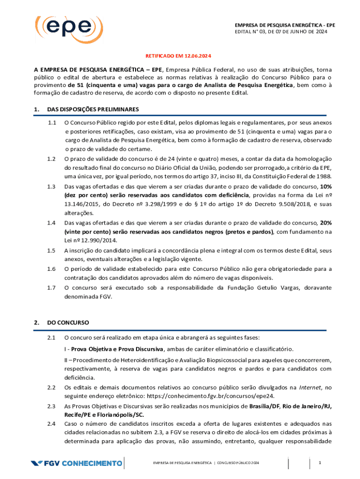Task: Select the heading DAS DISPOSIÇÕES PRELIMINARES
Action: click(x=93, y=109)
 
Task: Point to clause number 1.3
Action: click(x=52, y=187)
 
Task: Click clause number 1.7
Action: click(x=52, y=287)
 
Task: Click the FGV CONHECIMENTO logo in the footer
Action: click(x=76, y=464)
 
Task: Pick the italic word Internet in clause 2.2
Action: click(x=310, y=387)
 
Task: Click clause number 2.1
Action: click(x=52, y=337)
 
